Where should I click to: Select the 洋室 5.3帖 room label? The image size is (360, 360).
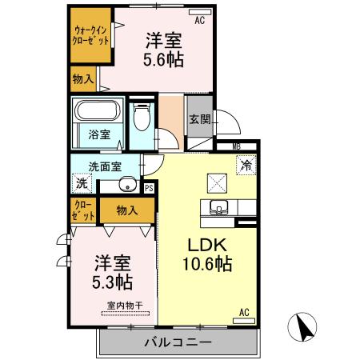(x=112, y=272)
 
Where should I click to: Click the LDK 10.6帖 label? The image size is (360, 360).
(x=210, y=254)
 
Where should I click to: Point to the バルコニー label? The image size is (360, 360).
(x=178, y=342)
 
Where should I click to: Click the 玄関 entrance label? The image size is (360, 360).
(x=200, y=120)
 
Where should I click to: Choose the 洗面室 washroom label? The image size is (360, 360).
(x=105, y=167)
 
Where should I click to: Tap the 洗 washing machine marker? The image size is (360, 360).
(x=81, y=182)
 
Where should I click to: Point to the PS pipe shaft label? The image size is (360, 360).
(x=149, y=188)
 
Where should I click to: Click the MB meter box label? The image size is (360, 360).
(x=236, y=146)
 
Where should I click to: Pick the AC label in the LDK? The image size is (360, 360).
(x=244, y=312)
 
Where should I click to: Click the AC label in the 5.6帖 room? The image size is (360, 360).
(x=199, y=21)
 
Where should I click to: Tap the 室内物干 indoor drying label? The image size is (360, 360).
(x=122, y=305)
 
